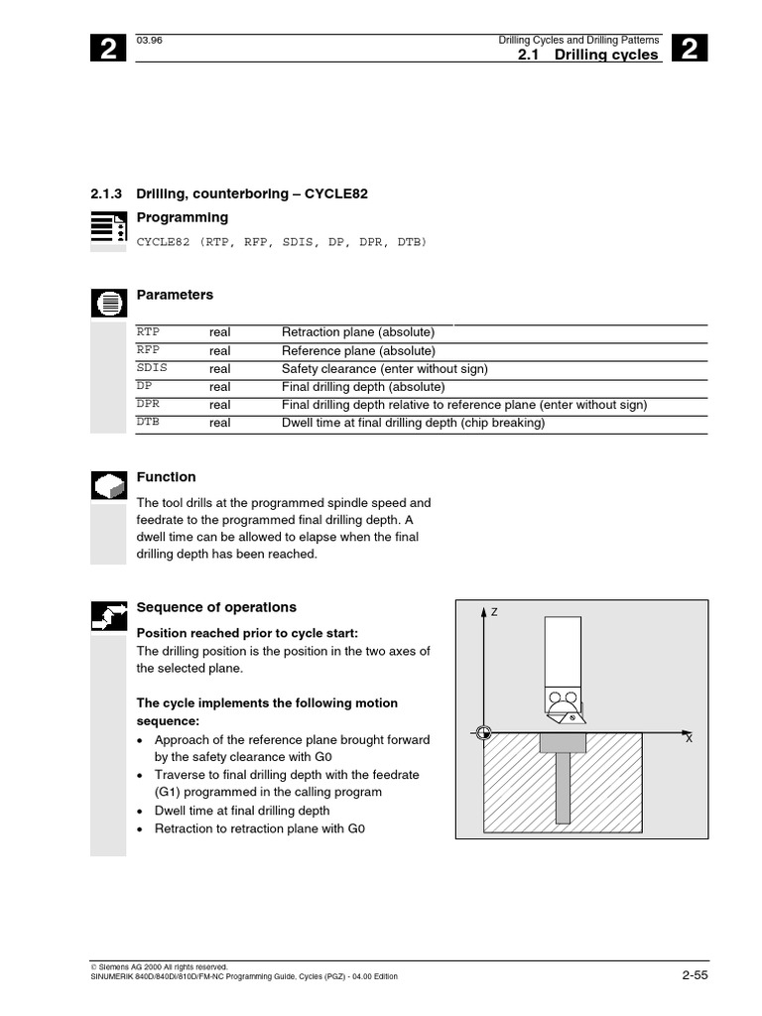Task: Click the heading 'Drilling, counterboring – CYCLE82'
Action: pyautogui.click(x=251, y=193)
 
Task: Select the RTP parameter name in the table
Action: pyautogui.click(x=148, y=332)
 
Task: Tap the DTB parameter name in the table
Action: pyautogui.click(x=148, y=422)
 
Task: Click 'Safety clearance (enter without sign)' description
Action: pyautogui.click(x=384, y=368)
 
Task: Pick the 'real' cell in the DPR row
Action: pyautogui.click(x=219, y=404)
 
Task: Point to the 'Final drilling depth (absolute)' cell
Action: pyautogui.click(x=363, y=386)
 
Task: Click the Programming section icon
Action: pyautogui.click(x=108, y=227)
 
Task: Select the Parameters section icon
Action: pyautogui.click(x=108, y=302)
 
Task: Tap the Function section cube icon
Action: pyautogui.click(x=108, y=484)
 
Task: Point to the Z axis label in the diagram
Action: pyautogui.click(x=493, y=612)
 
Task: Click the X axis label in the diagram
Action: pyautogui.click(x=689, y=740)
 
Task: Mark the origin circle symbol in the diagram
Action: pyautogui.click(x=483, y=734)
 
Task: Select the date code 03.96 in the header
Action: pyautogui.click(x=148, y=39)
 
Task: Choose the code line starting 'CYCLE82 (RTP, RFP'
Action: pyautogui.click(x=281, y=241)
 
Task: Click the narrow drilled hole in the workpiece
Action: pyautogui.click(x=563, y=788)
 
